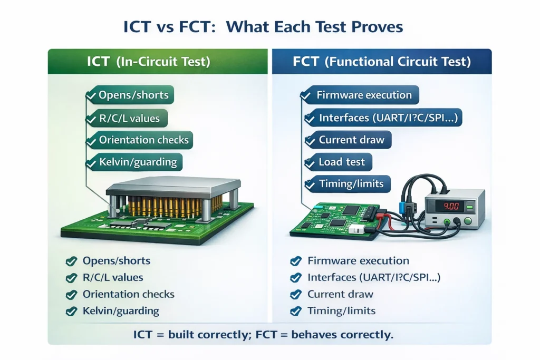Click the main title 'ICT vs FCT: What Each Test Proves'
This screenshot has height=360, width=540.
pyautogui.click(x=270, y=27)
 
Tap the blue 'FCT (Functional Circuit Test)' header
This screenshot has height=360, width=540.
pyautogui.click(x=381, y=62)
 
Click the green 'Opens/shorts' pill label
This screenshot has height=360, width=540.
pyautogui.click(x=133, y=95)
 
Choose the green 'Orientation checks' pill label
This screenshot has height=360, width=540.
pyautogui.click(x=143, y=140)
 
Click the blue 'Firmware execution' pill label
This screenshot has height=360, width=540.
pyautogui.click(x=364, y=95)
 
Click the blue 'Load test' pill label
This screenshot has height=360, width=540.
pyautogui.click(x=341, y=162)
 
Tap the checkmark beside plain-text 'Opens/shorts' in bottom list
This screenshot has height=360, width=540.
pyautogui.click(x=69, y=261)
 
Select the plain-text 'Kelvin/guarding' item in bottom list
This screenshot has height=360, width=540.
pyautogui.click(x=121, y=311)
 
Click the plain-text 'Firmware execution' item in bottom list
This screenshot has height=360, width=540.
pyautogui.click(x=358, y=261)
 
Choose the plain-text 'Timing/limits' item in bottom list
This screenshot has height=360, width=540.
pyautogui.click(x=341, y=311)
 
